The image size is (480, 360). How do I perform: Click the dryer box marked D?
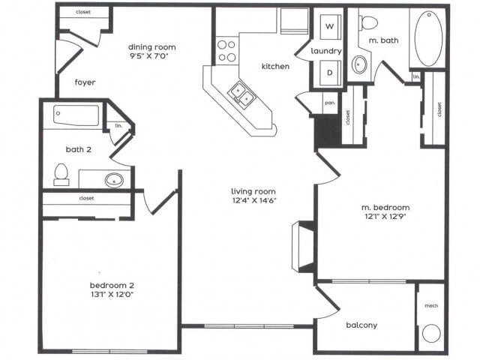click(328, 73)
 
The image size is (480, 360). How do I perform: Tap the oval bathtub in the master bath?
click(428, 37)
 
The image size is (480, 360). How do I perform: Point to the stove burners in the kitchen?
click(227, 49)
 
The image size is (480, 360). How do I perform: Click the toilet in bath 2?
click(61, 175)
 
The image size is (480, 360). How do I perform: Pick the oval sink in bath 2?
click(114, 180)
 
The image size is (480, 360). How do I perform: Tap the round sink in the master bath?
click(359, 64)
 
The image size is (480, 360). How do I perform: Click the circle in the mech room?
click(430, 332)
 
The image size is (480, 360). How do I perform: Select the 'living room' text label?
click(254, 191)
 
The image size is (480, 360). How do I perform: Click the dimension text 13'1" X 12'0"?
click(112, 295)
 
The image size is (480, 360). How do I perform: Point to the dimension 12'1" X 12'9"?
click(385, 217)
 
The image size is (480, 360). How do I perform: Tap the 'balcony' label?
click(361, 325)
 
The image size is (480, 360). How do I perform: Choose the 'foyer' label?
click(85, 82)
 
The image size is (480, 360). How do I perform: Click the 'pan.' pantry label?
click(329, 100)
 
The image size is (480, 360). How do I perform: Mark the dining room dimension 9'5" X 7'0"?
click(151, 55)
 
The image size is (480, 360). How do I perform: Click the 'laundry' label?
click(327, 51)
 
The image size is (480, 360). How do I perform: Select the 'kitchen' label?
click(275, 67)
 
